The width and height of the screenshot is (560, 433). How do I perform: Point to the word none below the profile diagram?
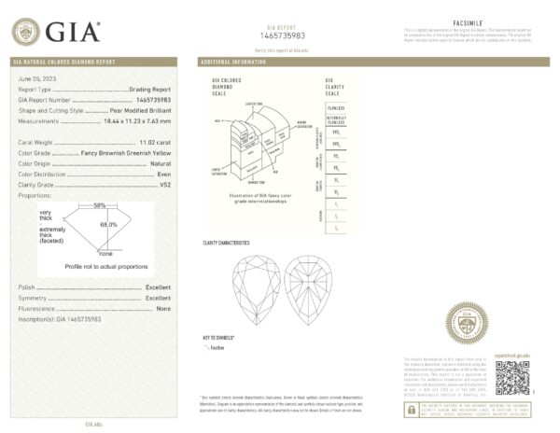(105, 254)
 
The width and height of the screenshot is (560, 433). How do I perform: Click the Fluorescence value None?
(163, 308)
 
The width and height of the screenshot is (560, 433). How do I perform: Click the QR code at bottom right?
(511, 376)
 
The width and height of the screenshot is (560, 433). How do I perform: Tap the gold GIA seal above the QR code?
(464, 323)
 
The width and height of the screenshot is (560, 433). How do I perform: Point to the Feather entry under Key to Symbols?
(221, 345)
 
